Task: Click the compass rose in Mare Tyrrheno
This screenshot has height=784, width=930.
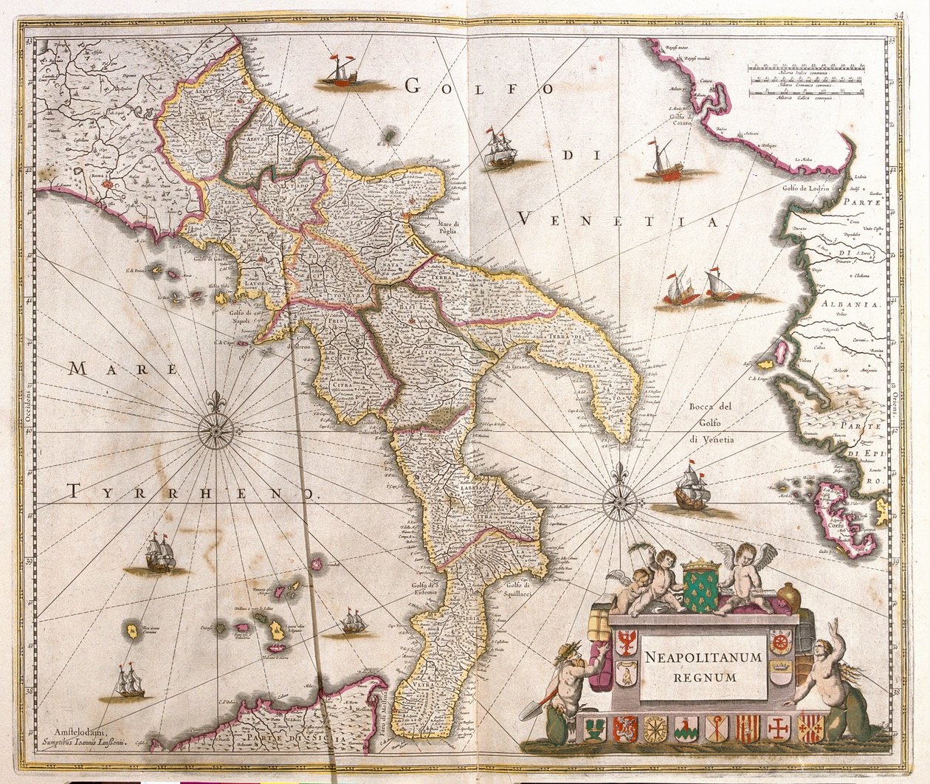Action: tap(216, 428)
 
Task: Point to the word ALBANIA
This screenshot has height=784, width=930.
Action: tap(855, 304)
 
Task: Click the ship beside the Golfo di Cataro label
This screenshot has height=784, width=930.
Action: tap(663, 164)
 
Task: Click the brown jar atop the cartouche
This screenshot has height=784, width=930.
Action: tap(788, 598)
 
